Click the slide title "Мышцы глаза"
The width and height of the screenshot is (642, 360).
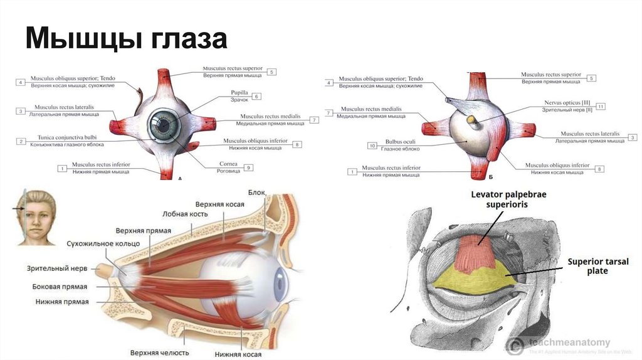pyautogui.click(x=126, y=38)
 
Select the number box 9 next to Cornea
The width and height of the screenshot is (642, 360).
pyautogui.click(x=249, y=167)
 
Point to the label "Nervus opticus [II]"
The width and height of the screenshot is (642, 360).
pyautogui.click(x=567, y=102)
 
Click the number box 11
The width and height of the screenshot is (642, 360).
pyautogui.click(x=601, y=106)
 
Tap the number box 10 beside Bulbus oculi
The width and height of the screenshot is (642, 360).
pyautogui.click(x=372, y=146)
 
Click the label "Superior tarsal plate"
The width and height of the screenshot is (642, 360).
pyautogui.click(x=597, y=266)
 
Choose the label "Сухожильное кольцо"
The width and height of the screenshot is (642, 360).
pyautogui.click(x=98, y=243)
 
